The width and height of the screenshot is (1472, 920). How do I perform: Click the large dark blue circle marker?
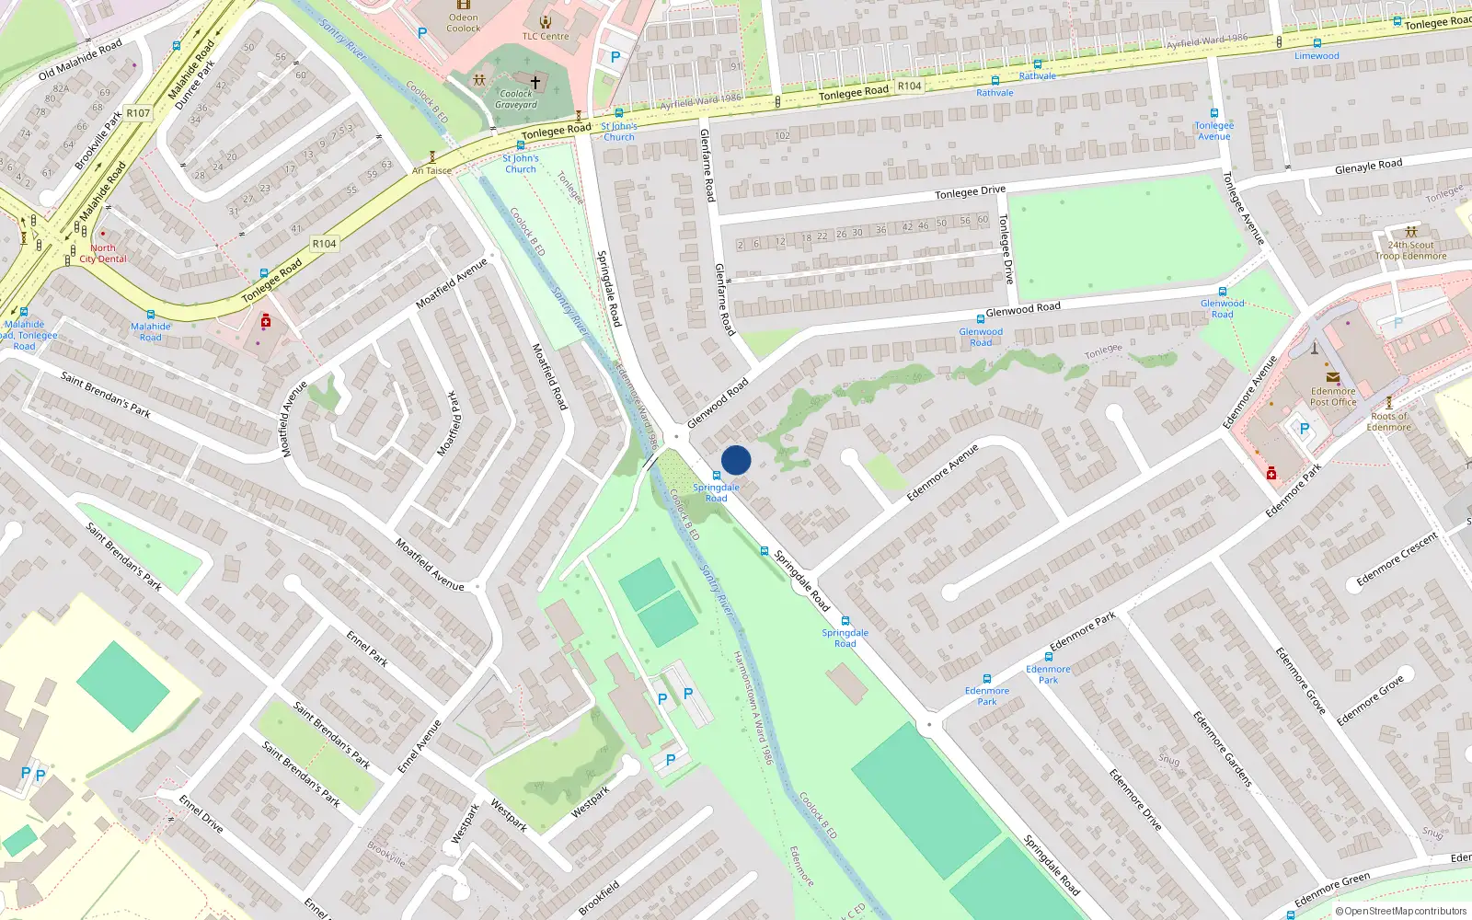[x=736, y=460]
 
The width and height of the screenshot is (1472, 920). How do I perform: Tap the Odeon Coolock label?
[x=464, y=23]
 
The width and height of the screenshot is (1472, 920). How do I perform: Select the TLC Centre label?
[x=546, y=36]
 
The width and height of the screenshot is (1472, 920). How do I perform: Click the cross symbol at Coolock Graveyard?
[x=535, y=82]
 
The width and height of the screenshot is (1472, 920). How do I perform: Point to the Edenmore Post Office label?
[x=1333, y=397]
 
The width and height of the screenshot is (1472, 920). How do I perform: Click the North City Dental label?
[x=103, y=253]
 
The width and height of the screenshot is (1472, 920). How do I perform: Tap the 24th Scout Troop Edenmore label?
[x=1410, y=250]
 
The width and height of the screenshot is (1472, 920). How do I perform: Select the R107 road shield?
[x=138, y=113]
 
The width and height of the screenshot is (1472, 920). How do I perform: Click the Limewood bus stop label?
[x=1317, y=55]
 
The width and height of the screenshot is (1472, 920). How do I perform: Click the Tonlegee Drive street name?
[x=970, y=191]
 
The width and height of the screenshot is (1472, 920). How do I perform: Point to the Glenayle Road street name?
[x=1368, y=167]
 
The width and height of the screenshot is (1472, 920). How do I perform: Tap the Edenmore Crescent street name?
[x=1396, y=559]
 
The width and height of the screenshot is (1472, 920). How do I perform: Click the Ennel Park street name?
[x=366, y=648]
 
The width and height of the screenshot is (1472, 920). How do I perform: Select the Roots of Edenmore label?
[x=1388, y=421]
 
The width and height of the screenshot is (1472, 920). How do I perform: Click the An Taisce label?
[x=431, y=170]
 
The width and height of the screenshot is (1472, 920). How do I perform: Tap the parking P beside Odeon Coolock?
[x=422, y=32]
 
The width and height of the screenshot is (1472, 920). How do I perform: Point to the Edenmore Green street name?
[x=1331, y=890]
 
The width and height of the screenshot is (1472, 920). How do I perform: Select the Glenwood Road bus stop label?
[x=981, y=337]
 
